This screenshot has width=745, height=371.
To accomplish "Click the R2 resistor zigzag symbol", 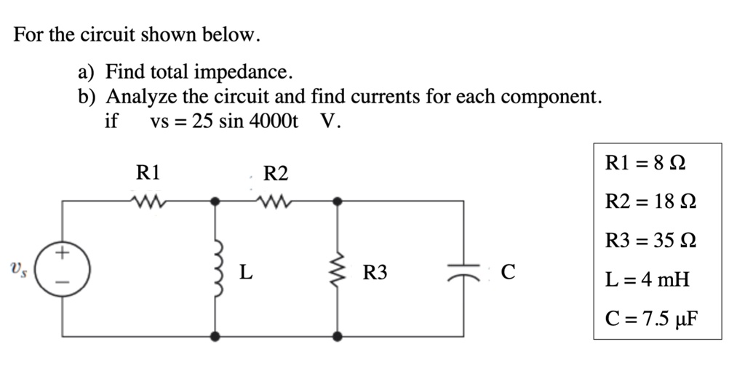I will pos(275,200).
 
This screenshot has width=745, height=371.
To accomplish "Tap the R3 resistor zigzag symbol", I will pos(338,273).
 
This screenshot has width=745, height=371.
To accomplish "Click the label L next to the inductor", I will pos(246,274).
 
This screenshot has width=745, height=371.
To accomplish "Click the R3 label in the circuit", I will pos(375,274).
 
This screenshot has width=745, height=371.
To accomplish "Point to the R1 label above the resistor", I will pos(148,172).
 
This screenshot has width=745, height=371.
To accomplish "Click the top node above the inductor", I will pos(215,201).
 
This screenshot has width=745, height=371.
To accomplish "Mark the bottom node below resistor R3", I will pos(338,336).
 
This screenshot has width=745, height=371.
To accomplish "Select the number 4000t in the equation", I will pos(273,121).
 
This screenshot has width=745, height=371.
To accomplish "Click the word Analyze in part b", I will pos(141,96).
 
